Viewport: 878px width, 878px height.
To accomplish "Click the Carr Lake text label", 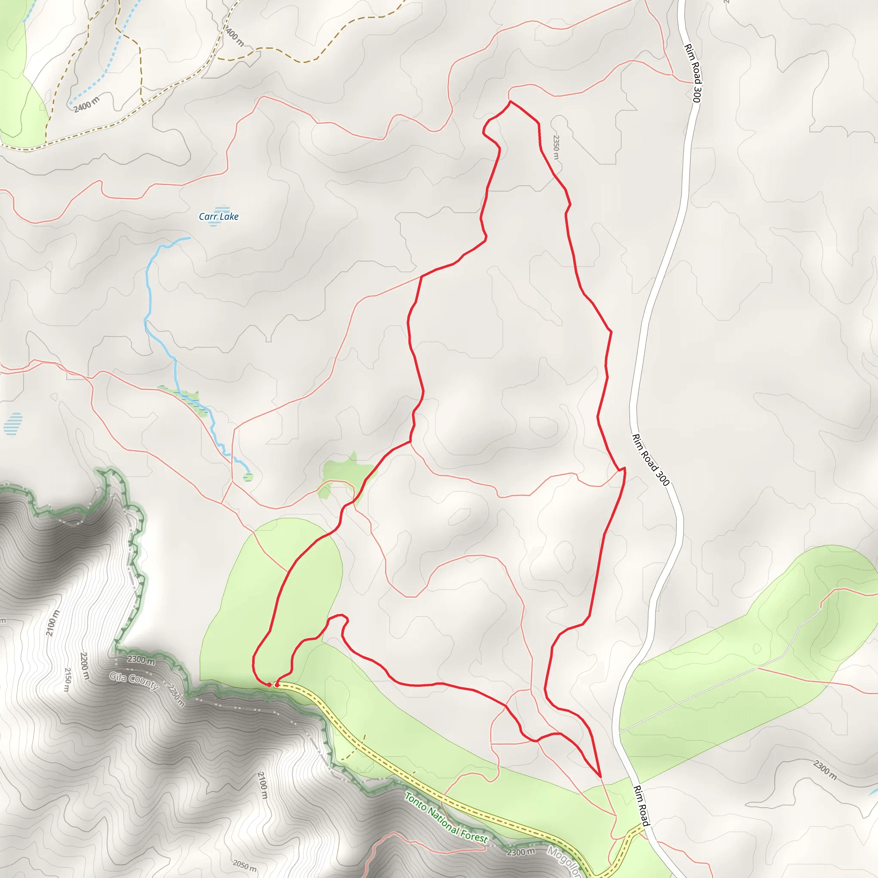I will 219,216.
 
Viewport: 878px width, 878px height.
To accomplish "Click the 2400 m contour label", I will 86,104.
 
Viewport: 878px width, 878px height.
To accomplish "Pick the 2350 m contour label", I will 556,146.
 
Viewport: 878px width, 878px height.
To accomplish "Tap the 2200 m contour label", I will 84,665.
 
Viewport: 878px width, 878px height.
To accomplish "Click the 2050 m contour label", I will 244,865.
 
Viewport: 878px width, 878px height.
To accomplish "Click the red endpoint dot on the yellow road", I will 277,684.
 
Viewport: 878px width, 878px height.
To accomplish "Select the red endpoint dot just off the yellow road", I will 269,684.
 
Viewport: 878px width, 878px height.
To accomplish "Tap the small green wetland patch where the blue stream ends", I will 248,477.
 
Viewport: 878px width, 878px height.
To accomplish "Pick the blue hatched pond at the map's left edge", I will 13,424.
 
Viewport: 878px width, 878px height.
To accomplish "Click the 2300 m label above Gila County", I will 141,660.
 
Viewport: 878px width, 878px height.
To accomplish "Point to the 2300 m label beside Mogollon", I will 521,852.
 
